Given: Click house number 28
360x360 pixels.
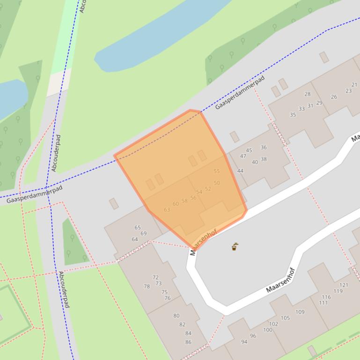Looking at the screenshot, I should (307, 94).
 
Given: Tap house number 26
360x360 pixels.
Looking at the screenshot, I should (334, 97).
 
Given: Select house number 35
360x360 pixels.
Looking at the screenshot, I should (293, 115).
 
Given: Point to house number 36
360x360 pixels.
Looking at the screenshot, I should (264, 147).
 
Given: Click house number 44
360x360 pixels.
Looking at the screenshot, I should (240, 171).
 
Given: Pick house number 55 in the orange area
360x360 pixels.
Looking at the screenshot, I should (216, 171).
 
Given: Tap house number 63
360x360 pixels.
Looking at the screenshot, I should (167, 209).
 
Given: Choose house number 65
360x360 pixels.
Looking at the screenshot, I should (138, 228).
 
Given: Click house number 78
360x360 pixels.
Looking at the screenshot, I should (147, 286).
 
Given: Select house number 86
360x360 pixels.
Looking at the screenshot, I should (188, 342).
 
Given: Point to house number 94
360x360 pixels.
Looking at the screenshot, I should (244, 342).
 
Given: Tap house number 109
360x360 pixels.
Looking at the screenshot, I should (300, 312).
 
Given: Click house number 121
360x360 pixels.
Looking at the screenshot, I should (344, 285).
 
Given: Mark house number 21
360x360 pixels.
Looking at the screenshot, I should (354, 85).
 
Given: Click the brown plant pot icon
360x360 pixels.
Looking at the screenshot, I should (235, 246).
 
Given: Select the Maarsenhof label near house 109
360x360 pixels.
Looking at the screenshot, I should (280, 280).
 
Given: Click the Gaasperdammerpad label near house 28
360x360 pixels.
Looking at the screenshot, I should (240, 92).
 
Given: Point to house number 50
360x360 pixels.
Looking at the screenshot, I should (217, 183).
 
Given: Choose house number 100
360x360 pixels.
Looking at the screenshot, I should (267, 330).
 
